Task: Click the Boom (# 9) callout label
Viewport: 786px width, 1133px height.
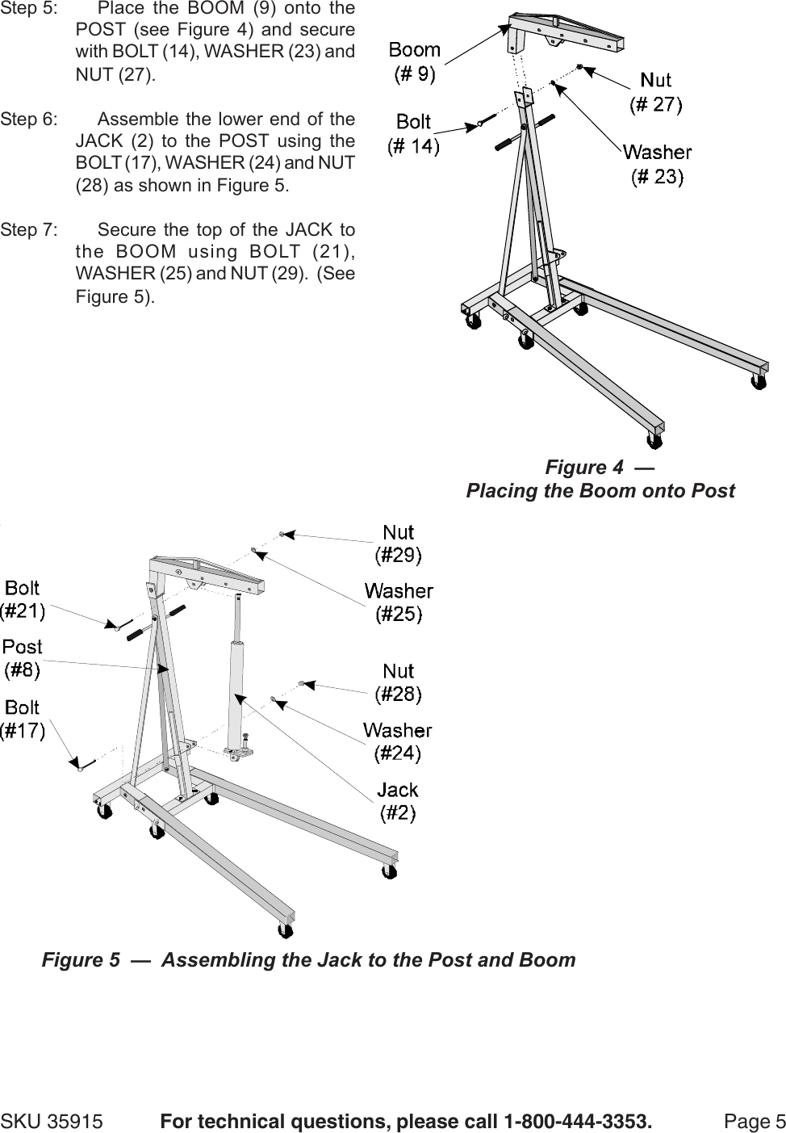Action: (414, 62)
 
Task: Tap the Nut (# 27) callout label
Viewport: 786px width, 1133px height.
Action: (655, 92)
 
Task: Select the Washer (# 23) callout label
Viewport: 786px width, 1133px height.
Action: (657, 164)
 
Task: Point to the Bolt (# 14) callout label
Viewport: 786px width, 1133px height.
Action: (413, 134)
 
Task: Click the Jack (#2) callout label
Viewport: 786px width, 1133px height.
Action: (398, 801)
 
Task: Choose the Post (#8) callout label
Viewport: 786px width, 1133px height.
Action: (22, 657)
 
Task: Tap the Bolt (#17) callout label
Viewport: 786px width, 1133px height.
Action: (22, 719)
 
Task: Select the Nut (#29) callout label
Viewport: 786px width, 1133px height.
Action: (398, 543)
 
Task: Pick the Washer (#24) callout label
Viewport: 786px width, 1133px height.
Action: (397, 742)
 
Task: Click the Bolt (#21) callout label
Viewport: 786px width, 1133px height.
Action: (22, 599)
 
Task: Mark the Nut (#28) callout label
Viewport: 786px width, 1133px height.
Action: (398, 682)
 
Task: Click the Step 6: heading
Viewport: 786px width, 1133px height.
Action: (29, 120)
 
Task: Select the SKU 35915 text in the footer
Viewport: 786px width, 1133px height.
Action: (52, 1121)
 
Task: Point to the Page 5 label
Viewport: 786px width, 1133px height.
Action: (755, 1121)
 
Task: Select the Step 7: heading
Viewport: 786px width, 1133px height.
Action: (29, 230)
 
